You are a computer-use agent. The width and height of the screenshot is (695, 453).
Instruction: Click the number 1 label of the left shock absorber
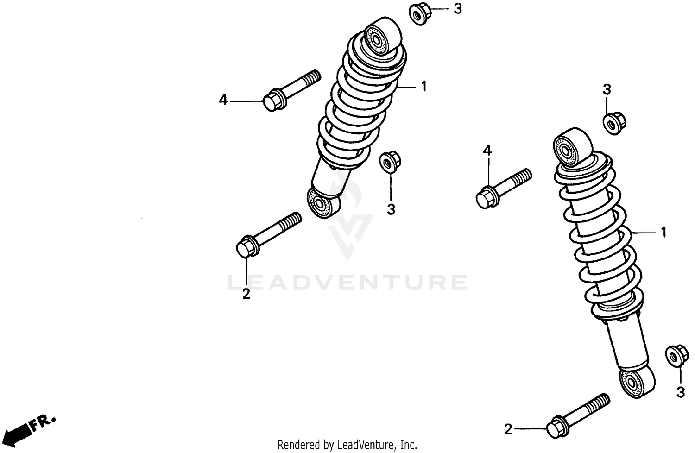pos(423,87)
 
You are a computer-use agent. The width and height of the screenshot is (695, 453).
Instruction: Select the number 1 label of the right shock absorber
pos(663,232)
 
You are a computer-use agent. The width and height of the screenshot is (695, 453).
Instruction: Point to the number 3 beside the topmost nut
pos(457,9)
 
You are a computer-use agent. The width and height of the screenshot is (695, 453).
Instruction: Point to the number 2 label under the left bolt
pos(246,294)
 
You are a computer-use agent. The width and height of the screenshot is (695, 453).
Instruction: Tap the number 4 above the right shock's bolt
pos(487,150)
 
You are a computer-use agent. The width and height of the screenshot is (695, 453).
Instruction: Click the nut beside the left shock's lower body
pos(390,161)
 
